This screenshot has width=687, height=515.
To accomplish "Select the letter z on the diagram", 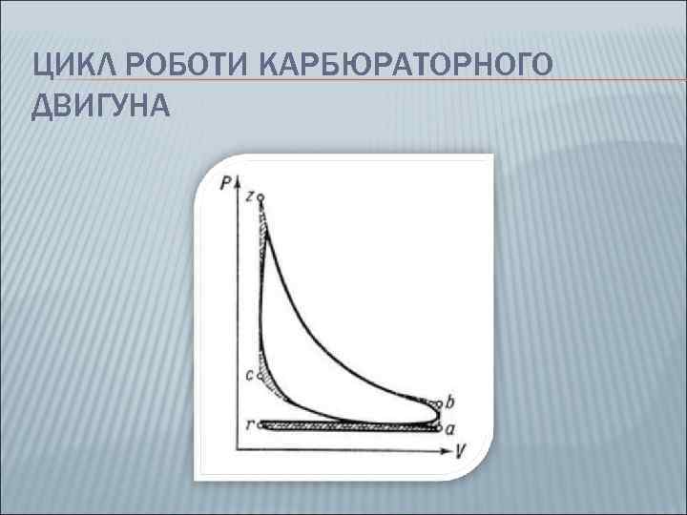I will [x=249, y=196].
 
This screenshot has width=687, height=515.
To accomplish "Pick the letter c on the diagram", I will [x=249, y=376].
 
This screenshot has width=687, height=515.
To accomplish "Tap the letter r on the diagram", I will [x=250, y=425].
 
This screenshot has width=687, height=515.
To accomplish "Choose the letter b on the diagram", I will [x=450, y=401].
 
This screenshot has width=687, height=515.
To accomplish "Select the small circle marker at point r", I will [x=261, y=425].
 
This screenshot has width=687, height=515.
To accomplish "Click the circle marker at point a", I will [x=439, y=428].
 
